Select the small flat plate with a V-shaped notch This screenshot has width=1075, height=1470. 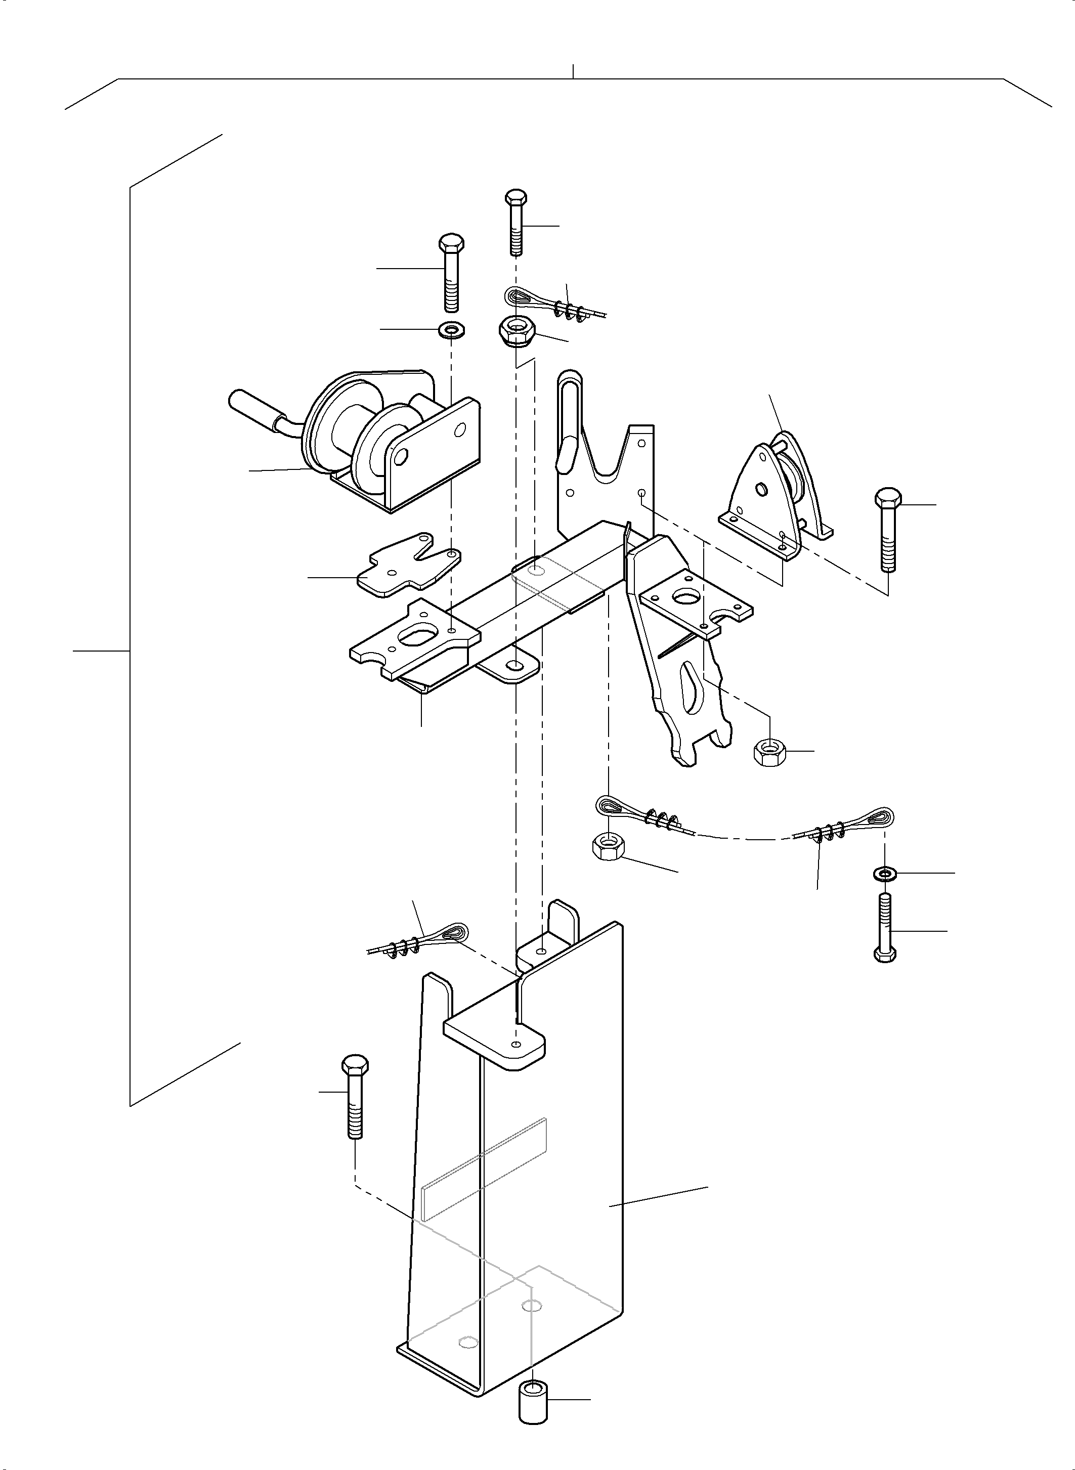click(407, 566)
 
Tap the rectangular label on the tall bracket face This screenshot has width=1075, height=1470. click(485, 1168)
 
